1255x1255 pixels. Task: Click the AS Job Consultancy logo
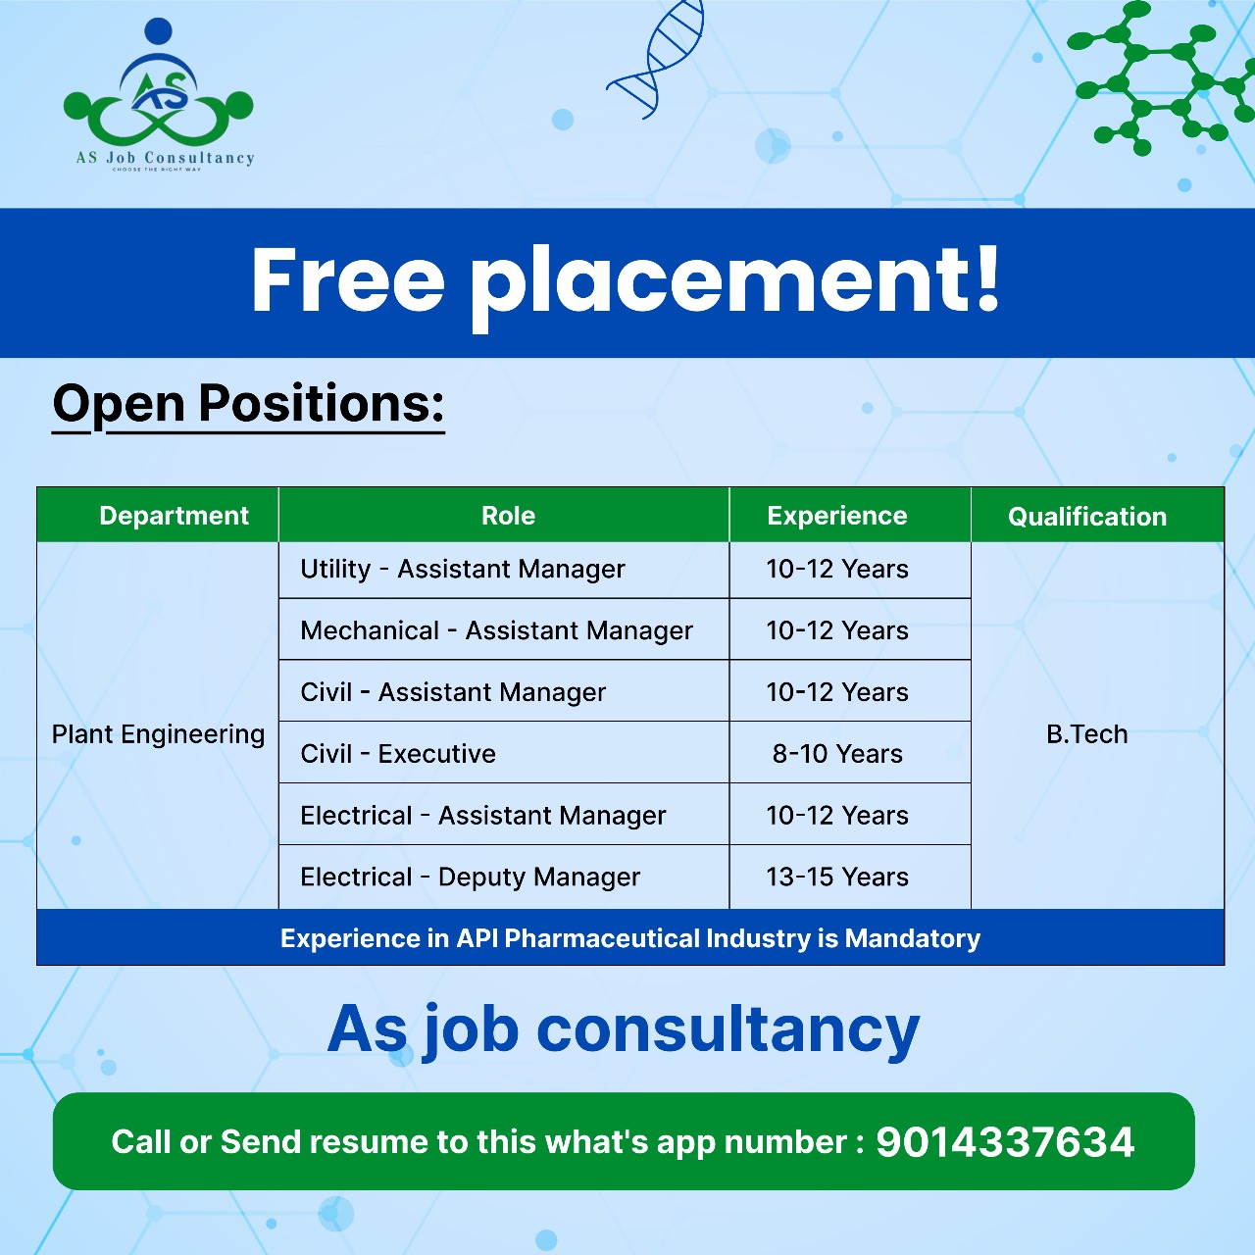point(159,95)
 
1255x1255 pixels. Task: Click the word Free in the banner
point(348,280)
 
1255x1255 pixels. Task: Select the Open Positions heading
point(248,405)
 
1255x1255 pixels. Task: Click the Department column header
point(174,516)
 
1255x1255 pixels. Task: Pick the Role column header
point(508,516)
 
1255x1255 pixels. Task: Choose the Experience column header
point(837,516)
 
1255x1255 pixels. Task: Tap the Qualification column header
point(1087,517)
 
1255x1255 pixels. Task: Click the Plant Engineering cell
point(158,734)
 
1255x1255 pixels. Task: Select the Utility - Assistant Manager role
point(463,570)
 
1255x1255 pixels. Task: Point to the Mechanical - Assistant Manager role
point(496,631)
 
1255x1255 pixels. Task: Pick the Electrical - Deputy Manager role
point(471,878)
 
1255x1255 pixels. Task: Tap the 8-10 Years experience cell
point(837,754)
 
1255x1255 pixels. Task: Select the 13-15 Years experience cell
point(837,878)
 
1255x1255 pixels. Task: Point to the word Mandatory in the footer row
point(913,938)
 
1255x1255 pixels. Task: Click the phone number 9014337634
point(1005,1142)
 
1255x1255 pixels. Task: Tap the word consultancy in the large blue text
point(728,1029)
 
